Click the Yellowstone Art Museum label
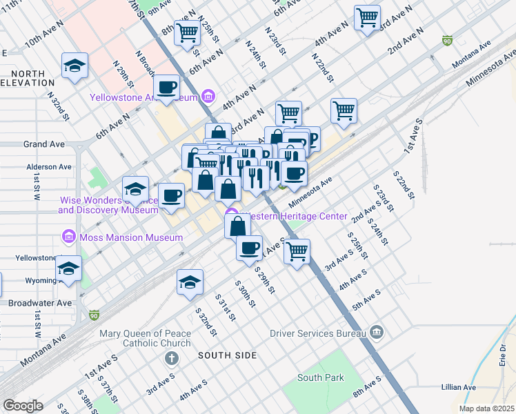click(x=145, y=97)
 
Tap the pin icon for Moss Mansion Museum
click(x=68, y=237)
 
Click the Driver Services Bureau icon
click(x=377, y=333)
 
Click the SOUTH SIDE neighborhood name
click(x=227, y=355)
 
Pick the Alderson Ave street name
click(x=49, y=167)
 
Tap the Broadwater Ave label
click(x=39, y=303)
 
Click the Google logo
click(x=23, y=405)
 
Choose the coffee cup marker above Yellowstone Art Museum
click(x=166, y=87)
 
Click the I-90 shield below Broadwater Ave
click(x=94, y=315)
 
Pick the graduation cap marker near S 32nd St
click(x=190, y=282)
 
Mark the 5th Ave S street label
click(x=367, y=302)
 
